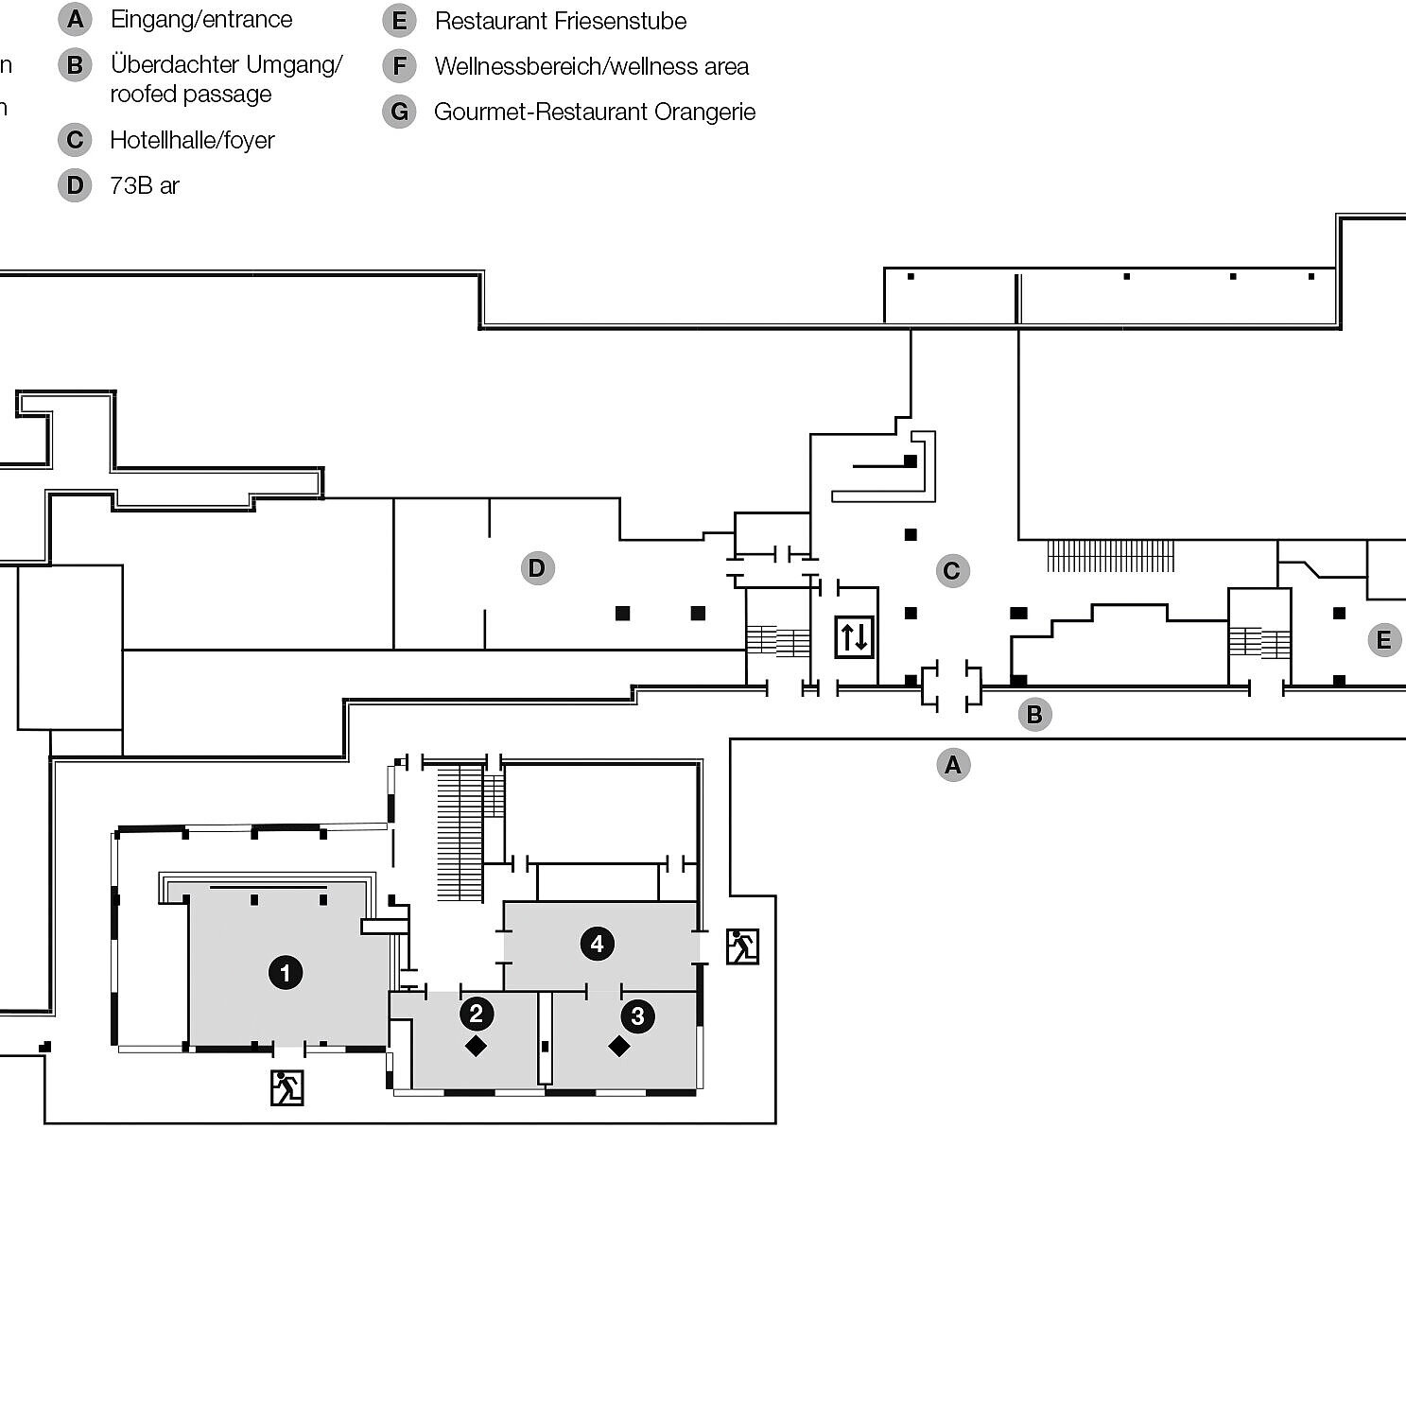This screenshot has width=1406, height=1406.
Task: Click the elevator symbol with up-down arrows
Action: [x=854, y=636]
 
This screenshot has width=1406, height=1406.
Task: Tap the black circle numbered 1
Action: [x=286, y=972]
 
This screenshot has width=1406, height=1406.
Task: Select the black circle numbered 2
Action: [x=476, y=1014]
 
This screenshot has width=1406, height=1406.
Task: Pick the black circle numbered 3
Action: [x=637, y=1016]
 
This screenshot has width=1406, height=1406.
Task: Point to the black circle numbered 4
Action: [x=597, y=944]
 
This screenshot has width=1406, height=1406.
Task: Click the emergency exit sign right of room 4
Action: [x=742, y=946]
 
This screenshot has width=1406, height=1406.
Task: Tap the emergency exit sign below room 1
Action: [x=286, y=1087]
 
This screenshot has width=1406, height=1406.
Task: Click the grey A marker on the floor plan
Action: [x=952, y=765]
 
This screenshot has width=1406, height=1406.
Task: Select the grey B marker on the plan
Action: [x=1033, y=715]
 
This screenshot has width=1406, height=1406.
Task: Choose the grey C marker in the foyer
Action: [x=951, y=571]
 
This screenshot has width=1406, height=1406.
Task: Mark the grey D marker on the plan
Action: [x=537, y=568]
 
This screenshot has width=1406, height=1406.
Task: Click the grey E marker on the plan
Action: [x=1384, y=640]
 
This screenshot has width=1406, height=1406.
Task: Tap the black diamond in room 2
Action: [x=476, y=1046]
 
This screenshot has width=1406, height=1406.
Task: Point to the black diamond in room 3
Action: [x=619, y=1047]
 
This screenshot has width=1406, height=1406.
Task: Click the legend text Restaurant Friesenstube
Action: [x=561, y=21]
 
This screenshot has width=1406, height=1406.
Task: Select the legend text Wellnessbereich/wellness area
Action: [x=591, y=66]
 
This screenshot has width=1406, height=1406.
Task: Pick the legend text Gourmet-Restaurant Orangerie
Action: [x=595, y=112]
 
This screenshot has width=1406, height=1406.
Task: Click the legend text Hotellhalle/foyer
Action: [x=192, y=140]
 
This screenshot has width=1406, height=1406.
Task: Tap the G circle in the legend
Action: [x=399, y=112]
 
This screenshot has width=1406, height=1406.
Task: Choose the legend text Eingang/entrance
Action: [x=201, y=19]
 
